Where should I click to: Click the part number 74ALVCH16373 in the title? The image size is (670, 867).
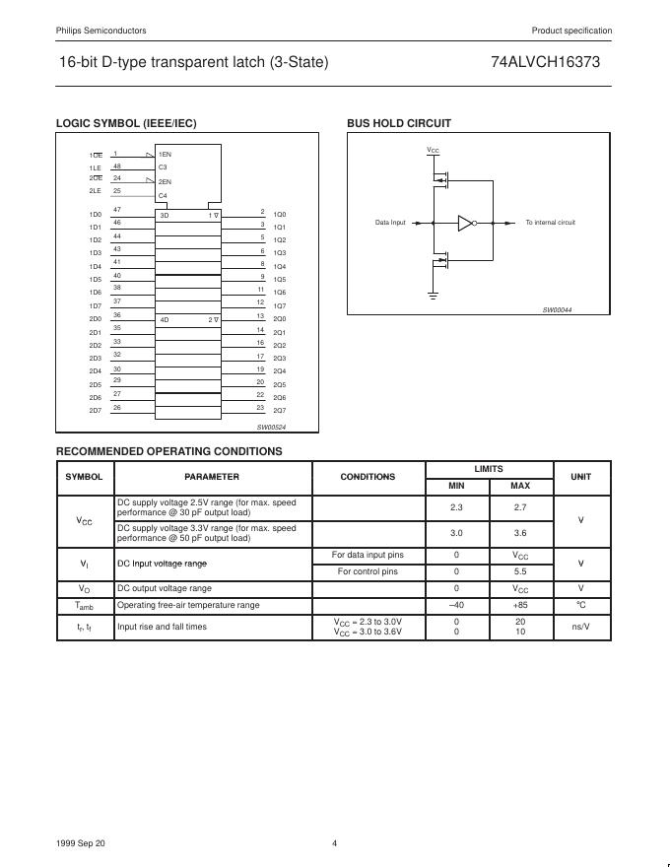pos(544,62)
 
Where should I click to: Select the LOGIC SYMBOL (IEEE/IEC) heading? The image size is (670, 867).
pos(126,123)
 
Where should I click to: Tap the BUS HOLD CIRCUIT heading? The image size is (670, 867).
pos(399,123)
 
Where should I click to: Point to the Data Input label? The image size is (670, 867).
pos(390,223)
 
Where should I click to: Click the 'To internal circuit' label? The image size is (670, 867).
pos(550,223)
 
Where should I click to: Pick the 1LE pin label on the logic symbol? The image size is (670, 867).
pos(96,168)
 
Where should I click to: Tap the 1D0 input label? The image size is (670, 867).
pos(96,215)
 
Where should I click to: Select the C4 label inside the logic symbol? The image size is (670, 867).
pos(164,196)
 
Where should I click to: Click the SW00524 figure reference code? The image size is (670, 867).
pos(270,428)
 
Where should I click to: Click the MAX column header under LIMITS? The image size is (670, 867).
pos(520,486)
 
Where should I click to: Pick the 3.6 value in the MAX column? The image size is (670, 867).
pos(520,533)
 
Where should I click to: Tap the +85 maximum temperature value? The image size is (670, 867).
pos(520,605)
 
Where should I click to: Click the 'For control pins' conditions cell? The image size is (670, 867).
pos(368,571)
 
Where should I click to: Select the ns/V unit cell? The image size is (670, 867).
pos(581,627)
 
